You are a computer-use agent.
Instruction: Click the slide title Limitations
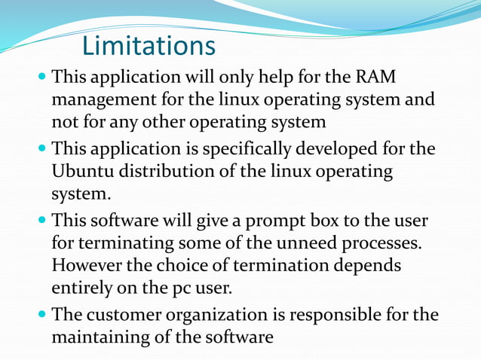tap(149, 46)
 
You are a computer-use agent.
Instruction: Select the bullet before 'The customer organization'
tap(41, 314)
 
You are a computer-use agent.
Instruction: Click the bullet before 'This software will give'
tap(41, 221)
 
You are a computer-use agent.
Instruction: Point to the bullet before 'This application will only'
tap(41, 78)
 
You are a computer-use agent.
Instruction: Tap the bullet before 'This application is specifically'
tap(41, 149)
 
